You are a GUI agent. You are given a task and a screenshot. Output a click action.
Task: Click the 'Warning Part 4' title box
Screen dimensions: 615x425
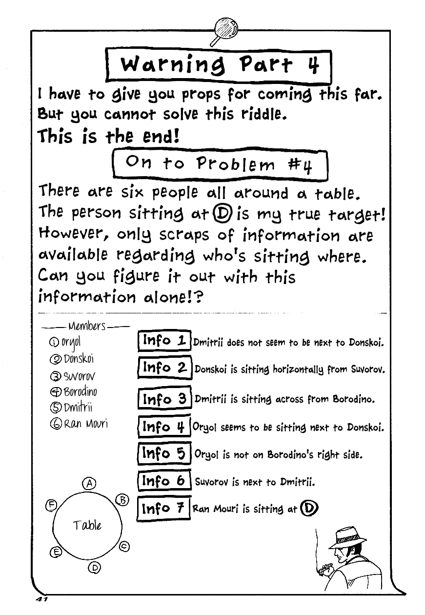point(218,64)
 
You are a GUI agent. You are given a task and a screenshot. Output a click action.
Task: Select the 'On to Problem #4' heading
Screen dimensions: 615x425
point(219,166)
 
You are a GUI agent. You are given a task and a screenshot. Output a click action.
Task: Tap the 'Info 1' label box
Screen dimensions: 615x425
point(164,341)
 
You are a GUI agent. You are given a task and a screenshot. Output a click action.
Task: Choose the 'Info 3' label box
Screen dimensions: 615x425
point(164,399)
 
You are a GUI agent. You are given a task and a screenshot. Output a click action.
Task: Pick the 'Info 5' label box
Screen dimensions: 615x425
point(164,454)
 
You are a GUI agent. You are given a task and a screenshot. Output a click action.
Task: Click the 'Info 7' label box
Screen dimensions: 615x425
point(164,509)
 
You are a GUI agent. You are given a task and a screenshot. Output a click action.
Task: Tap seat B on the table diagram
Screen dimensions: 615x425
point(122,500)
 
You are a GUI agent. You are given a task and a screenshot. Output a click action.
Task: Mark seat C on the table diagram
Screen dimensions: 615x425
point(124,546)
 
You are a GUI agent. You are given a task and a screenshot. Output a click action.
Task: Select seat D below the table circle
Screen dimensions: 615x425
point(95,567)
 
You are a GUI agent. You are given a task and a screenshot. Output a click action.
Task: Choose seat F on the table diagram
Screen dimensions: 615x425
point(51,505)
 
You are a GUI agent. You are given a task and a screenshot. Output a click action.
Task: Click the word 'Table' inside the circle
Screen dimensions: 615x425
point(87,525)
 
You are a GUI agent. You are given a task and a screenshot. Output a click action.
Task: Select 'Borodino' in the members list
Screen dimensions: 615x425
point(80,391)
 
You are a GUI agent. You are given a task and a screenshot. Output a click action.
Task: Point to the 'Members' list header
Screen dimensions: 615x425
point(87,326)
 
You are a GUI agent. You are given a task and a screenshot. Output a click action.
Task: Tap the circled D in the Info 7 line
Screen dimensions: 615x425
point(308,509)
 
